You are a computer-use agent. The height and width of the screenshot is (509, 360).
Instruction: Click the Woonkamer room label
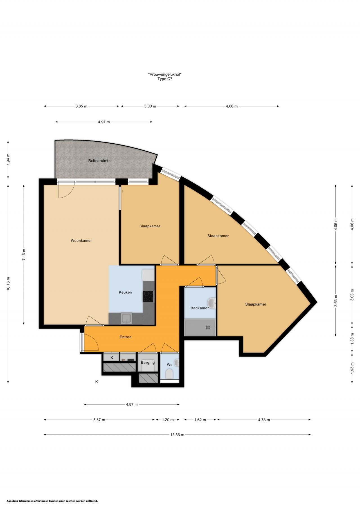81,241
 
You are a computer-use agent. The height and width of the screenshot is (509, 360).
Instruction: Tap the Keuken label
125,292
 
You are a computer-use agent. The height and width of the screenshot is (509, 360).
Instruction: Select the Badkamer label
200,308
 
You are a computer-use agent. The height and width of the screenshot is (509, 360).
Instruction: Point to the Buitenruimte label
99,161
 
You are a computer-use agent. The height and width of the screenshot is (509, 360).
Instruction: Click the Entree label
125,337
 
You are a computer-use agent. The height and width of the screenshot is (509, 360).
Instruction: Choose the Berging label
148,363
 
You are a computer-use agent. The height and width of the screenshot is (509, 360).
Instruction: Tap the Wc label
170,365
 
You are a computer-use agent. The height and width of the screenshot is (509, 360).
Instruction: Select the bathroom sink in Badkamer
211,303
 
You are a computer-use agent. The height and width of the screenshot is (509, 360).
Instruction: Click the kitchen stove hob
148,297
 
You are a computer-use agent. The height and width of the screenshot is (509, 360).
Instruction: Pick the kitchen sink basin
126,318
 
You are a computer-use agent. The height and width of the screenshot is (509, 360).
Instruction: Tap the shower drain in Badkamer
208,327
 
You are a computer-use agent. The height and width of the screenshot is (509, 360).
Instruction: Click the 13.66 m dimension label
177,435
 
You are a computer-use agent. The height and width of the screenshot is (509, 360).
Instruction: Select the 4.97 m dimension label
104,122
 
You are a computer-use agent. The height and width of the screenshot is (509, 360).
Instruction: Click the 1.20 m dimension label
168,420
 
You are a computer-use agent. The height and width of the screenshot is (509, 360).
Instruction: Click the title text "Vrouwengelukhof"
165,74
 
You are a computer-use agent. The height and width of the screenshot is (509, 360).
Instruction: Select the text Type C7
165,79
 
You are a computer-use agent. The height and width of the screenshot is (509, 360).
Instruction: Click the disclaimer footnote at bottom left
52,501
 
